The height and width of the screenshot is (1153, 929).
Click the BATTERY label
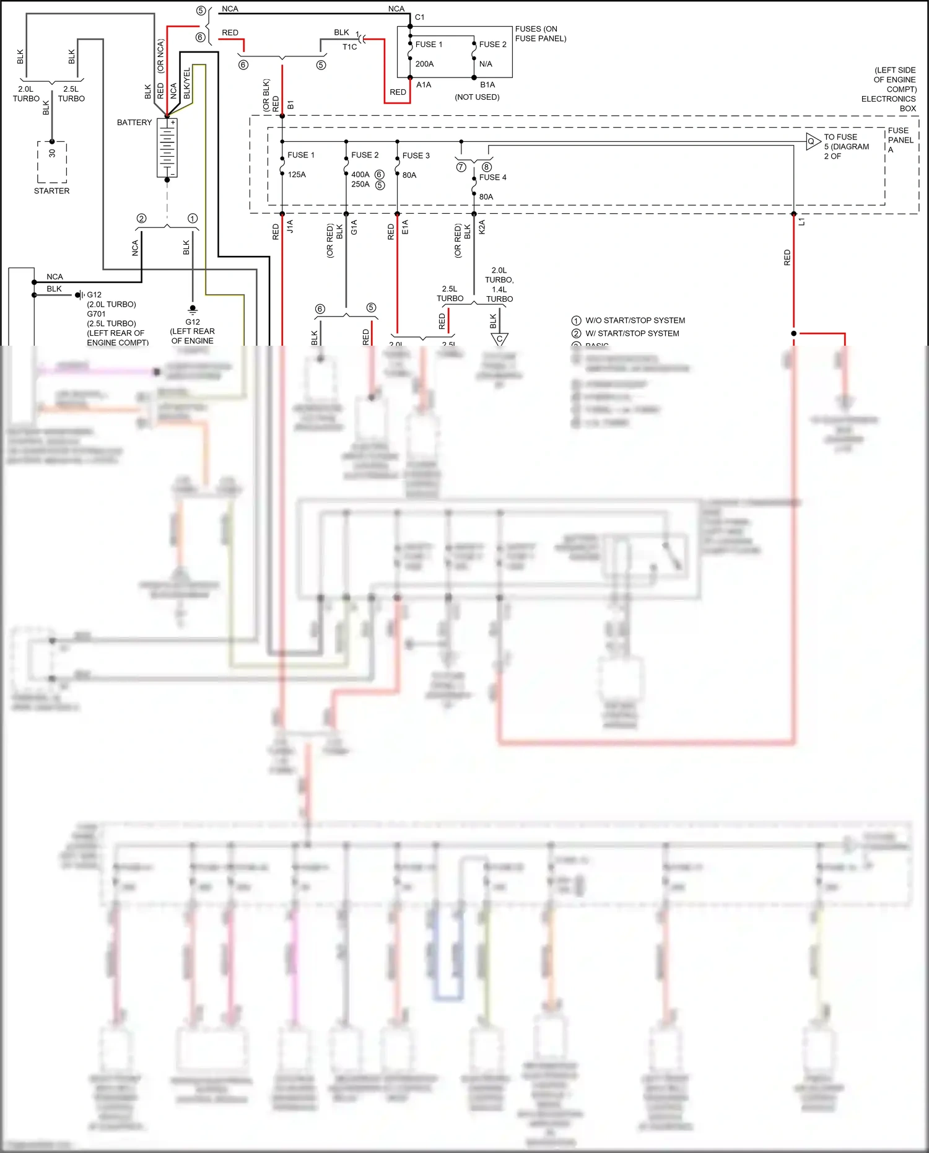[134, 123]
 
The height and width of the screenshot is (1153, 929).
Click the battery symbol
[167, 147]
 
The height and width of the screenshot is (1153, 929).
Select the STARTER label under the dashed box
[51, 191]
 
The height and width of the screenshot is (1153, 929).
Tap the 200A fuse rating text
[424, 64]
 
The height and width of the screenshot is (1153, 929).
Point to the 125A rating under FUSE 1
[297, 175]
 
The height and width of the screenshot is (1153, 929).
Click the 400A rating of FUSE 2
[360, 175]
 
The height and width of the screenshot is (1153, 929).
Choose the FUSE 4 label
[492, 177]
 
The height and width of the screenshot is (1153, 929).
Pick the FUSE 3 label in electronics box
[416, 156]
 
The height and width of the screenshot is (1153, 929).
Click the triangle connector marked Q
[812, 142]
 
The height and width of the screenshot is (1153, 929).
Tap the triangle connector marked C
[499, 339]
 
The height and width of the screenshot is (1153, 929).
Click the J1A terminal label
[290, 227]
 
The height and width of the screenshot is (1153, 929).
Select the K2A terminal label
[482, 227]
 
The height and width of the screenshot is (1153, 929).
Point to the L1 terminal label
[801, 222]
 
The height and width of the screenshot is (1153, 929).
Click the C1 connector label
[420, 17]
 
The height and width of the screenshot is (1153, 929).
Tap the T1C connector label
[349, 46]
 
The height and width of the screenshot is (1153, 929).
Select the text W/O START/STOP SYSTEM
[635, 320]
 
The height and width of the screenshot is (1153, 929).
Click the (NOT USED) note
[477, 97]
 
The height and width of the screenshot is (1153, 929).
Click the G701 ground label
[96, 314]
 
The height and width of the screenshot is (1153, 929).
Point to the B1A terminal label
[487, 85]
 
